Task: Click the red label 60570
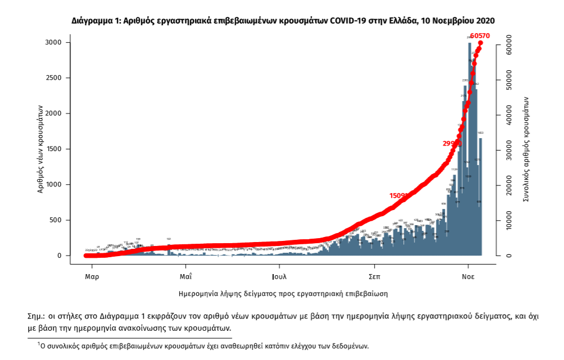click(480, 36)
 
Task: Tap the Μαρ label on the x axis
click(93, 277)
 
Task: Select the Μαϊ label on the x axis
click(186, 277)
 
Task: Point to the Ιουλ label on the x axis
click(279, 277)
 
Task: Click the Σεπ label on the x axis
click(375, 277)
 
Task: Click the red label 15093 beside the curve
click(399, 195)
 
